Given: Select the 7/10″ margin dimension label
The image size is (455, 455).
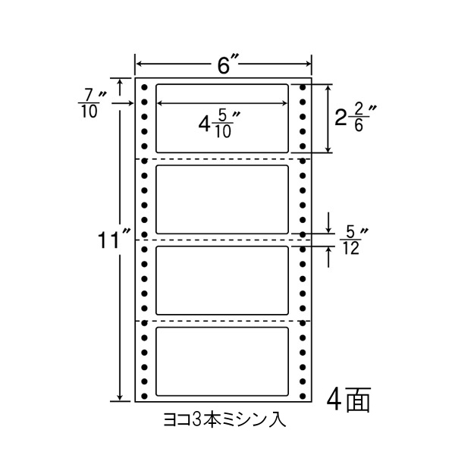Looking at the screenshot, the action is [x=93, y=103].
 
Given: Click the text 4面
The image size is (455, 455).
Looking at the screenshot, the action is [x=350, y=400].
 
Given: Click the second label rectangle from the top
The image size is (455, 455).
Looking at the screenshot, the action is [x=222, y=199].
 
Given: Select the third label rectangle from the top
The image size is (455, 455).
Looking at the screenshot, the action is [x=222, y=280].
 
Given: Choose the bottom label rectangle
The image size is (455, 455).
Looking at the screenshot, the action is [x=222, y=361].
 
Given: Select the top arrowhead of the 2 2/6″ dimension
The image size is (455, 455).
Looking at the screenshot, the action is [x=328, y=87].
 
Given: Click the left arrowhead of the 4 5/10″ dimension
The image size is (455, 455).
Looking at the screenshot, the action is [x=161, y=104].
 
